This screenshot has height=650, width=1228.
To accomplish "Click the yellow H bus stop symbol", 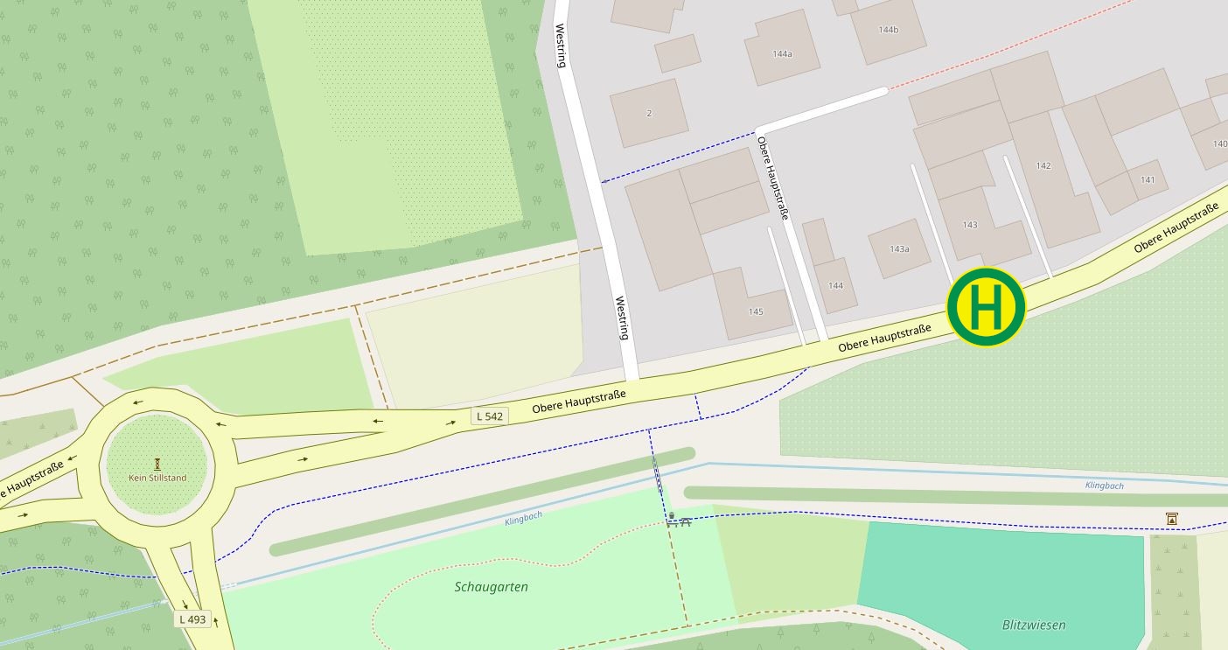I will pyautogui.click(x=986, y=307).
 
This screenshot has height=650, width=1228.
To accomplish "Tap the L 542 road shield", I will pyautogui.click(x=489, y=416).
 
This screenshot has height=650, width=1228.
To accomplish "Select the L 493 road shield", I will pyautogui.click(x=192, y=619).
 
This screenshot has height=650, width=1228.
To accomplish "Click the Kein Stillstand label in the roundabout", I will pyautogui.click(x=157, y=478).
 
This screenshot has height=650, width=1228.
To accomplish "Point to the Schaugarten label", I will pyautogui.click(x=491, y=587).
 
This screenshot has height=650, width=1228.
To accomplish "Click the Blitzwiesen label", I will pyautogui.click(x=1033, y=625).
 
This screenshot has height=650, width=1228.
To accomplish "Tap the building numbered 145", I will pyautogui.click(x=756, y=311).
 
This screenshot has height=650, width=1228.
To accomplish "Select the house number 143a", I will pyautogui.click(x=899, y=249).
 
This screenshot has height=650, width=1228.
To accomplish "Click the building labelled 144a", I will pyautogui.click(x=782, y=54).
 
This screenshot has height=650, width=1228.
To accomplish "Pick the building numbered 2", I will pyautogui.click(x=649, y=113).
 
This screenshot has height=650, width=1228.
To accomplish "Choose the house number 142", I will pyautogui.click(x=1043, y=166).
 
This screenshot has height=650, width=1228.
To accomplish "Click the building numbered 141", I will pyautogui.click(x=1148, y=180).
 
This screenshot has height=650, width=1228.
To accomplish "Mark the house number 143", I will pyautogui.click(x=970, y=225).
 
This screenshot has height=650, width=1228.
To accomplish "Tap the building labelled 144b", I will pyautogui.click(x=889, y=30).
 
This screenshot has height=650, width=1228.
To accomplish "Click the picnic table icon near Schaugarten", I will pyautogui.click(x=679, y=521).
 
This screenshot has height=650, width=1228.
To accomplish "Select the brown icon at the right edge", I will pyautogui.click(x=1171, y=519).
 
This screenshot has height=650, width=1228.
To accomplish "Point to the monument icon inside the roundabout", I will pyautogui.click(x=157, y=464).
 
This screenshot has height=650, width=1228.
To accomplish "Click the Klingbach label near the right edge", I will pyautogui.click(x=1104, y=486).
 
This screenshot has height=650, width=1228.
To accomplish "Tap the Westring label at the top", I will pyautogui.click(x=562, y=45).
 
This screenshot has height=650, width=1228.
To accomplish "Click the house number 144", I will pyautogui.click(x=835, y=286).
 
